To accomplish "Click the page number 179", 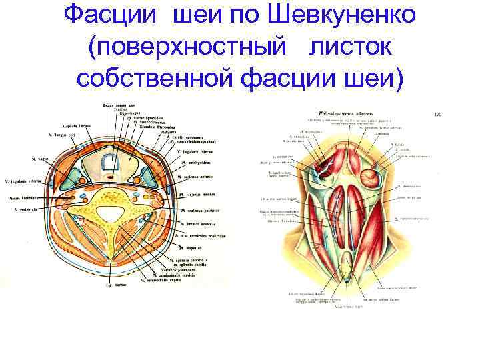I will pos(437,115).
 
